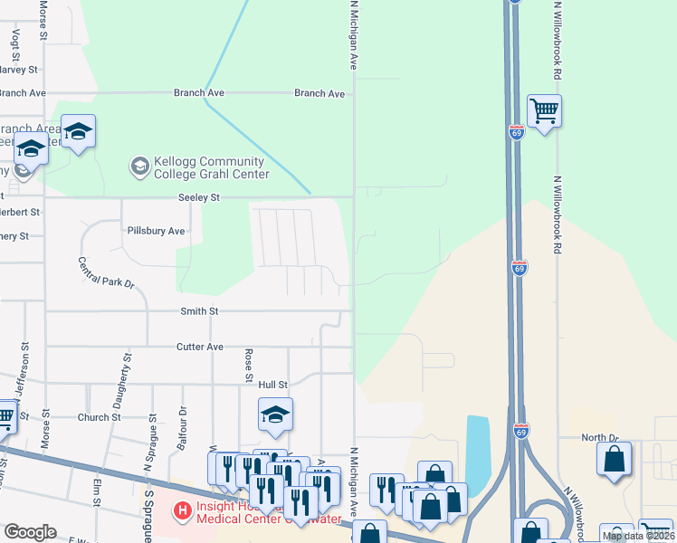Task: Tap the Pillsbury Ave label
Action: pyautogui.click(x=156, y=231)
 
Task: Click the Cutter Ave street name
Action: pyautogui.click(x=200, y=347)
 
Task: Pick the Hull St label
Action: pyautogui.click(x=272, y=385)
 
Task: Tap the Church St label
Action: pyautogui.click(x=99, y=417)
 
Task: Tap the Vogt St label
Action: pyautogui.click(x=15, y=43)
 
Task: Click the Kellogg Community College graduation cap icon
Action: pyautogui.click(x=139, y=166)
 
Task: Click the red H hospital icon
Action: pyautogui.click(x=183, y=511)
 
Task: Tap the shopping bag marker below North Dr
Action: pyautogui.click(x=614, y=458)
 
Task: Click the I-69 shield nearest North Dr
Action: pyautogui.click(x=521, y=432)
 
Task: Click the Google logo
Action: pyautogui.click(x=31, y=531)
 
